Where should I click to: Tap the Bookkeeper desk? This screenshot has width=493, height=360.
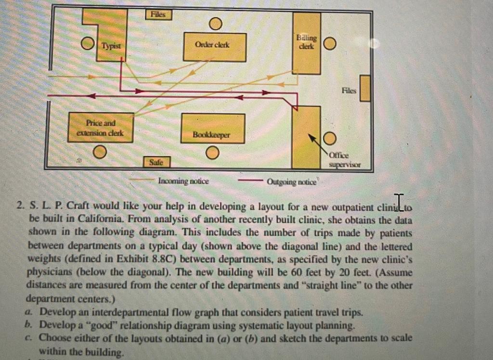click(x=212, y=128)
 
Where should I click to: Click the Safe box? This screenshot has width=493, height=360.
click(x=156, y=162)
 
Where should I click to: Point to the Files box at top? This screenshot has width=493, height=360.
click(x=158, y=14)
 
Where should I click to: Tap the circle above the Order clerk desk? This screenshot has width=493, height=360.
click(x=215, y=23)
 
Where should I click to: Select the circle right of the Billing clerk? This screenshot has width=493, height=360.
click(x=329, y=44)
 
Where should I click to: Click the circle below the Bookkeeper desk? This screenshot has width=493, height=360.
click(x=212, y=153)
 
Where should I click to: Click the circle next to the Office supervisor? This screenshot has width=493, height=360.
click(x=329, y=139)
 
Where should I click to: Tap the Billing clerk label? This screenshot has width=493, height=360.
click(x=307, y=41)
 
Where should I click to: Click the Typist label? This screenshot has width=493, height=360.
click(x=110, y=46)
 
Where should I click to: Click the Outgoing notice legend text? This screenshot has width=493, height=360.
click(x=291, y=182)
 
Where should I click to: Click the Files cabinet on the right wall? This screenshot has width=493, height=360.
click(x=365, y=88)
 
